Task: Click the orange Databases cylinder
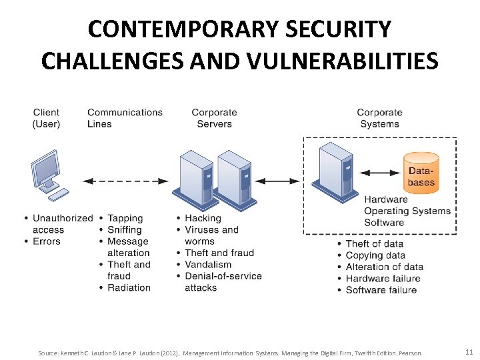[421, 173]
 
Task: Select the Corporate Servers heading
[214, 118]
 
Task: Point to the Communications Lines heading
[125, 118]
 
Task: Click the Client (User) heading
[47, 118]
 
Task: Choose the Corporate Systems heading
[379, 118]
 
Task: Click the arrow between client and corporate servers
[126, 180]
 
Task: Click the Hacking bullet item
[203, 218]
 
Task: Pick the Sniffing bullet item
[125, 230]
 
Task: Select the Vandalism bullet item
[208, 264]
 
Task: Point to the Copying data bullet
[375, 255]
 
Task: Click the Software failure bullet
[381, 290]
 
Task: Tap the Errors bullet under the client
[46, 241]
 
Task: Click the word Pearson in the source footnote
[410, 353]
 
